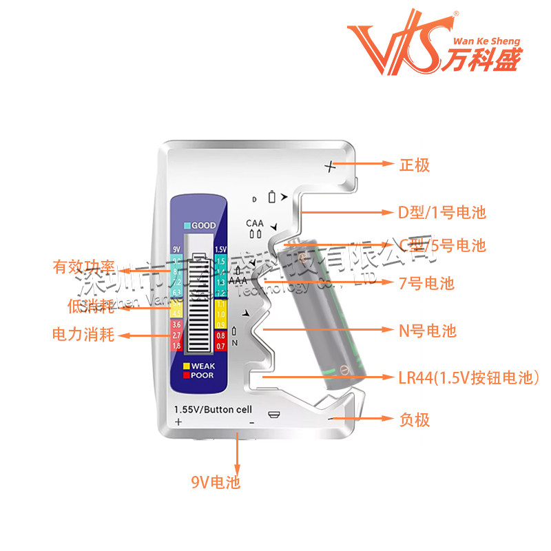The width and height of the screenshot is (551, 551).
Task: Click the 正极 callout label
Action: [x=415, y=165]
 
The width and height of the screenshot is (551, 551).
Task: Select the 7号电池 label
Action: [x=427, y=282]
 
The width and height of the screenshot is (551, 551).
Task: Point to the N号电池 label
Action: [x=427, y=331]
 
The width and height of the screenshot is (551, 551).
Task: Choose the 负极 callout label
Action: [x=415, y=419]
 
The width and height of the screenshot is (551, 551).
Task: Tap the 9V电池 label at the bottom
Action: [x=216, y=482]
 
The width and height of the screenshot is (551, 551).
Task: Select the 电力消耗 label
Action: [x=83, y=335]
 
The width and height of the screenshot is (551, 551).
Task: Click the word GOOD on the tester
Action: [x=203, y=226]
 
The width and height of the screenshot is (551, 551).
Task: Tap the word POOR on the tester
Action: [x=202, y=375]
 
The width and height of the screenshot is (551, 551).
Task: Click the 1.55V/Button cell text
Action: [x=213, y=408]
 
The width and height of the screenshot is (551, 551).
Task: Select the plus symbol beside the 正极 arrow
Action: [x=331, y=166]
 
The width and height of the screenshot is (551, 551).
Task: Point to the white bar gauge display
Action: [x=200, y=303]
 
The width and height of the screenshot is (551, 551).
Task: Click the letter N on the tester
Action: [x=235, y=342]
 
